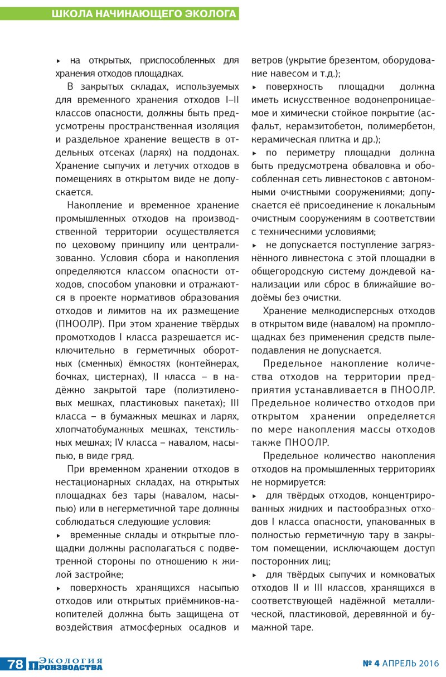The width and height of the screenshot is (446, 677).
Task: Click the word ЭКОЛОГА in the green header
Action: (210, 14)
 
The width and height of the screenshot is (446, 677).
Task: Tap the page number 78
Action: (15, 664)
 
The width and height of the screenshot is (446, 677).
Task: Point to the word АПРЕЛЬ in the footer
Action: (398, 664)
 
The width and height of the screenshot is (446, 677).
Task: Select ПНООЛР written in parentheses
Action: (78, 323)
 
